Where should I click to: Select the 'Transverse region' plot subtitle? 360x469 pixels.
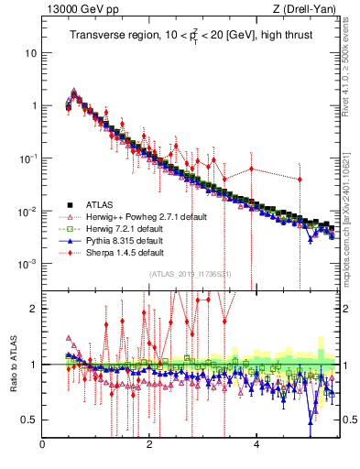tap(190, 36)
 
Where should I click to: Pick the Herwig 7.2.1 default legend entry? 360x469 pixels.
tap(117, 228)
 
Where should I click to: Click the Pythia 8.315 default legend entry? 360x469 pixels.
tap(117, 240)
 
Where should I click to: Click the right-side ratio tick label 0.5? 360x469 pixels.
tap(348, 420)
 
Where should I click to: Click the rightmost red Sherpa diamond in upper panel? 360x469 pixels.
tap(299, 179)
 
